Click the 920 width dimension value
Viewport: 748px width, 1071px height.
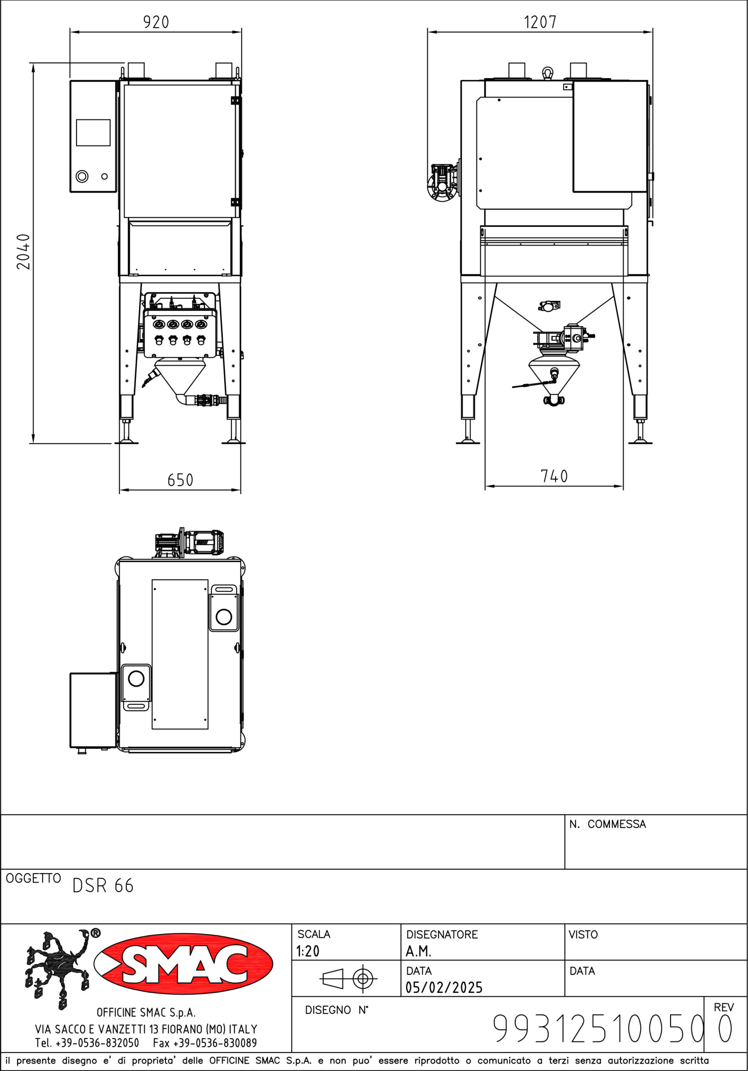click(x=156, y=22)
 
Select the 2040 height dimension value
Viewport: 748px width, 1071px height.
click(x=23, y=252)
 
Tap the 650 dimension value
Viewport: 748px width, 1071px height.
click(x=180, y=480)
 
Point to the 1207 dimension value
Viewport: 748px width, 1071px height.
click(x=540, y=22)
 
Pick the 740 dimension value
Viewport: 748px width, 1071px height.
click(x=554, y=476)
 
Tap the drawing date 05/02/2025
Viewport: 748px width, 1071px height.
click(x=444, y=987)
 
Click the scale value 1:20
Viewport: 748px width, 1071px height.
click(x=308, y=951)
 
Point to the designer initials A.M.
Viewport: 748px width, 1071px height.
click(x=418, y=951)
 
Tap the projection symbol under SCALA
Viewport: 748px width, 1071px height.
click(x=348, y=978)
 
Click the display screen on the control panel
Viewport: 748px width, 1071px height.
click(x=93, y=133)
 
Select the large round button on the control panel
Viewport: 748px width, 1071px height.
click(x=82, y=176)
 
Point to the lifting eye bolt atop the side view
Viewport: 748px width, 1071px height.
click(x=548, y=73)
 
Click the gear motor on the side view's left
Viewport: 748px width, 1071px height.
click(x=442, y=182)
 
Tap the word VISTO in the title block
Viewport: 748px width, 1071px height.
click(x=583, y=934)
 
